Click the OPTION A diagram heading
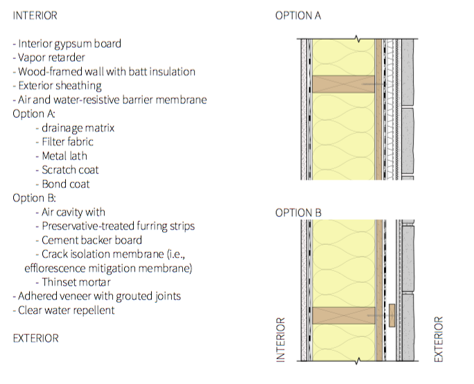coord(298,15)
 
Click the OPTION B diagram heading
coord(298,213)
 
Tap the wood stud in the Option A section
coord(344,84)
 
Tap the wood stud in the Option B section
coord(344,315)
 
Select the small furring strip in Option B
coord(392,315)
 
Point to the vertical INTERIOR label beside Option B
coord(281,340)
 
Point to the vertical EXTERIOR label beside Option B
coord(439,339)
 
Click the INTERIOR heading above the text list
coord(35,15)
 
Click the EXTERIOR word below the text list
coord(35,338)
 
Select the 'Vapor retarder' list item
coord(49,58)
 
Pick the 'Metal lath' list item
coord(62,156)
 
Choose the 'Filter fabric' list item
coord(64,142)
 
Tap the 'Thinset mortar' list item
coord(73,282)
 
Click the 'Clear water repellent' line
coord(64,311)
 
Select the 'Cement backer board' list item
coord(89,240)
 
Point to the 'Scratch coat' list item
coord(67,170)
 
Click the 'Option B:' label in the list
coord(34,198)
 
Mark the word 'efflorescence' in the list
coord(55,268)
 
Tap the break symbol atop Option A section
coord(358,39)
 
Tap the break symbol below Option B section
coord(358,360)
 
